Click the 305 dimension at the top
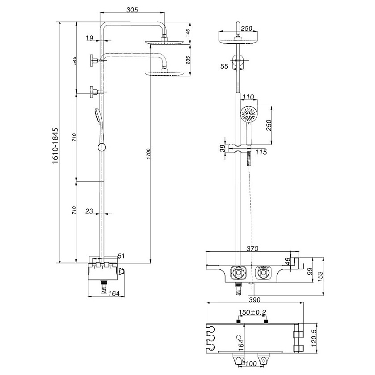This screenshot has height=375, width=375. point(132,10)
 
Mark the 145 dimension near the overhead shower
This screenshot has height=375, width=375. point(188,32)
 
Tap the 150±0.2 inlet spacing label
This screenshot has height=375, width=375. point(252,312)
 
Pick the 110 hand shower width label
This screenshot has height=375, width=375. point(248,97)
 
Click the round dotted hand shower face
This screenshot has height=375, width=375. point(248,114)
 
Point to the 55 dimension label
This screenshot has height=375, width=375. point(225,67)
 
